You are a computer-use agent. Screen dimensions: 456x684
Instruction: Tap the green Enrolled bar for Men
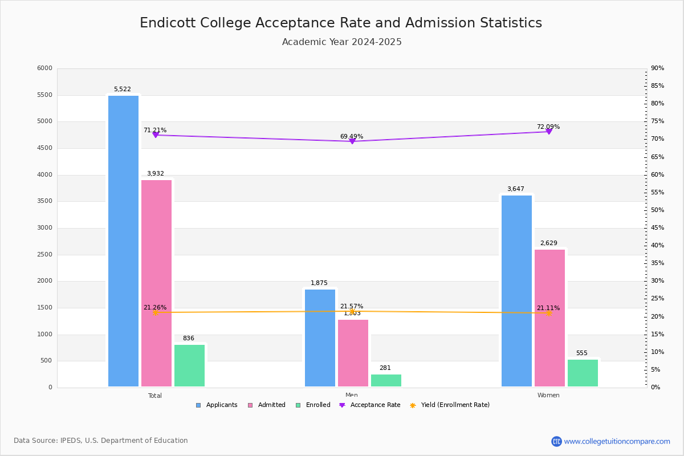386,380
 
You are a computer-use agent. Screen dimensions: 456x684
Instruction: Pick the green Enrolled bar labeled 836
189,365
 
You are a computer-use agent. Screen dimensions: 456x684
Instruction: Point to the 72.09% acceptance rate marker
549,132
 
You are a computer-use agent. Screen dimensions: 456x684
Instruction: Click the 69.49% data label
352,137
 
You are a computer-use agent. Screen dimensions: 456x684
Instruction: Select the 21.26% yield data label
155,308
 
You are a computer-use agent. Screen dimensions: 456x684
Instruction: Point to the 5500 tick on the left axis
44,95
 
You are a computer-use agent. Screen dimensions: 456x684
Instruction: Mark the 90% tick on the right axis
657,68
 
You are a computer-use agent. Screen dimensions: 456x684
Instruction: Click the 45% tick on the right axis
657,228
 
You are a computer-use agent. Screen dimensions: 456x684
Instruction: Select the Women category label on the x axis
548,396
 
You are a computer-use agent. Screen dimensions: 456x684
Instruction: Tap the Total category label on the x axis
155,396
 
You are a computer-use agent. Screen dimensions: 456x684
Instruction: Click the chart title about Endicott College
341,23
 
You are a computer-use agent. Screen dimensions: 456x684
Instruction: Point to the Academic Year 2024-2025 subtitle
342,42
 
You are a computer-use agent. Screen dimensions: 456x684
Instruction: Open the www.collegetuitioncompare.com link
617,441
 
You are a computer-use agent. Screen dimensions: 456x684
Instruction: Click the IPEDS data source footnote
101,441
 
